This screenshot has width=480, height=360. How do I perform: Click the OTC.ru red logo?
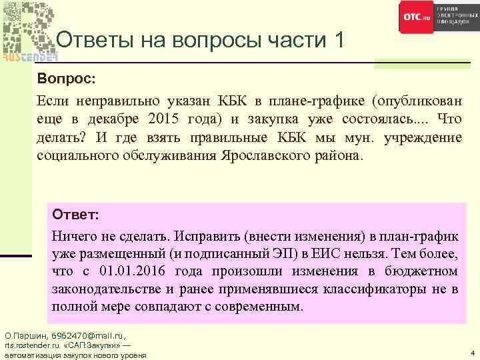tap(417, 17)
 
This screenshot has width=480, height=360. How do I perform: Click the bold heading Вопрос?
tap(67, 79)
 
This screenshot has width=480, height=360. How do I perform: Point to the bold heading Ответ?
tap(75, 216)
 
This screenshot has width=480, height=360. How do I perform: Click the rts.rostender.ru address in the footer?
tap(32, 345)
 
